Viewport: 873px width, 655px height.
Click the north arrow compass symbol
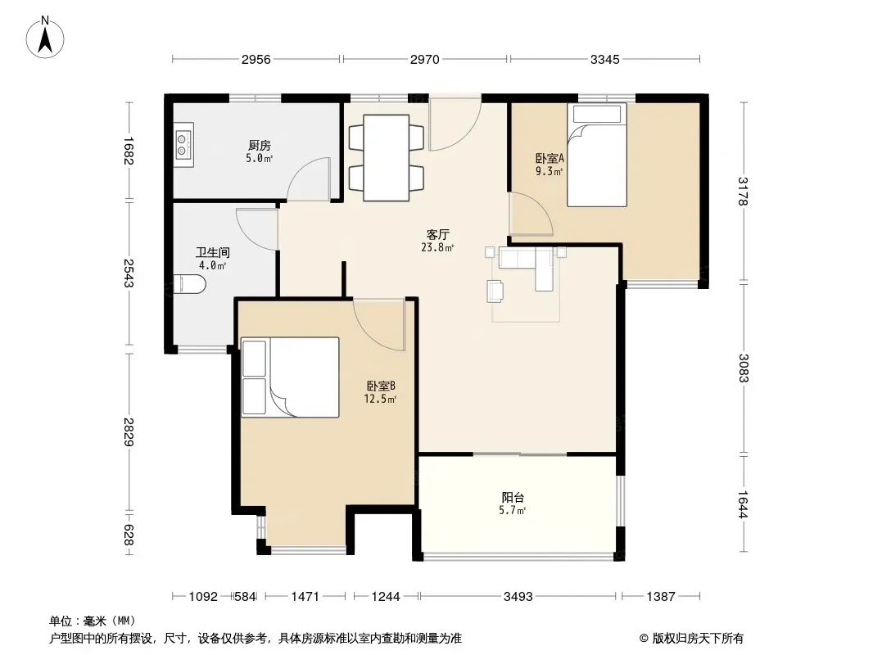coord(45,38)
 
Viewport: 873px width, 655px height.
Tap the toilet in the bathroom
coord(190,284)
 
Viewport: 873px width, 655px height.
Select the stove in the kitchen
coord(183,145)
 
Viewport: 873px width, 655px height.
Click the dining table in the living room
coord(387,157)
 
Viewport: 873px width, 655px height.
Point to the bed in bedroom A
coord(597,156)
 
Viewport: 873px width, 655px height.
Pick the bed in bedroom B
coord(290,377)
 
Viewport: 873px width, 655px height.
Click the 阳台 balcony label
coord(512,497)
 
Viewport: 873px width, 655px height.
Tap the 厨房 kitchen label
coord(260,145)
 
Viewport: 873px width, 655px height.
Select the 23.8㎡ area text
coord(437,247)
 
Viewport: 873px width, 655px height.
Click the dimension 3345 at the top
coord(604,59)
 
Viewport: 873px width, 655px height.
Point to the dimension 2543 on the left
coord(128,273)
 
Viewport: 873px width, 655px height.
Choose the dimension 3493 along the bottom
coord(518,597)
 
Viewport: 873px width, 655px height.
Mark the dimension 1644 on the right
coord(743,504)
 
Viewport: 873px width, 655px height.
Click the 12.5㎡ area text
coord(380,399)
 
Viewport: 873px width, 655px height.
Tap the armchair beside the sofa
coord(495,291)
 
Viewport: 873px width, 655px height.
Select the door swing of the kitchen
coord(309,179)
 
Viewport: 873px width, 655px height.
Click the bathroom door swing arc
coord(256,228)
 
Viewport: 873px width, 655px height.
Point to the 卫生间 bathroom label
coord(213,253)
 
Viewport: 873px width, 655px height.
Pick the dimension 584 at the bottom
coord(245,597)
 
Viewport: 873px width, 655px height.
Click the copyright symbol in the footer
coord(644,639)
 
